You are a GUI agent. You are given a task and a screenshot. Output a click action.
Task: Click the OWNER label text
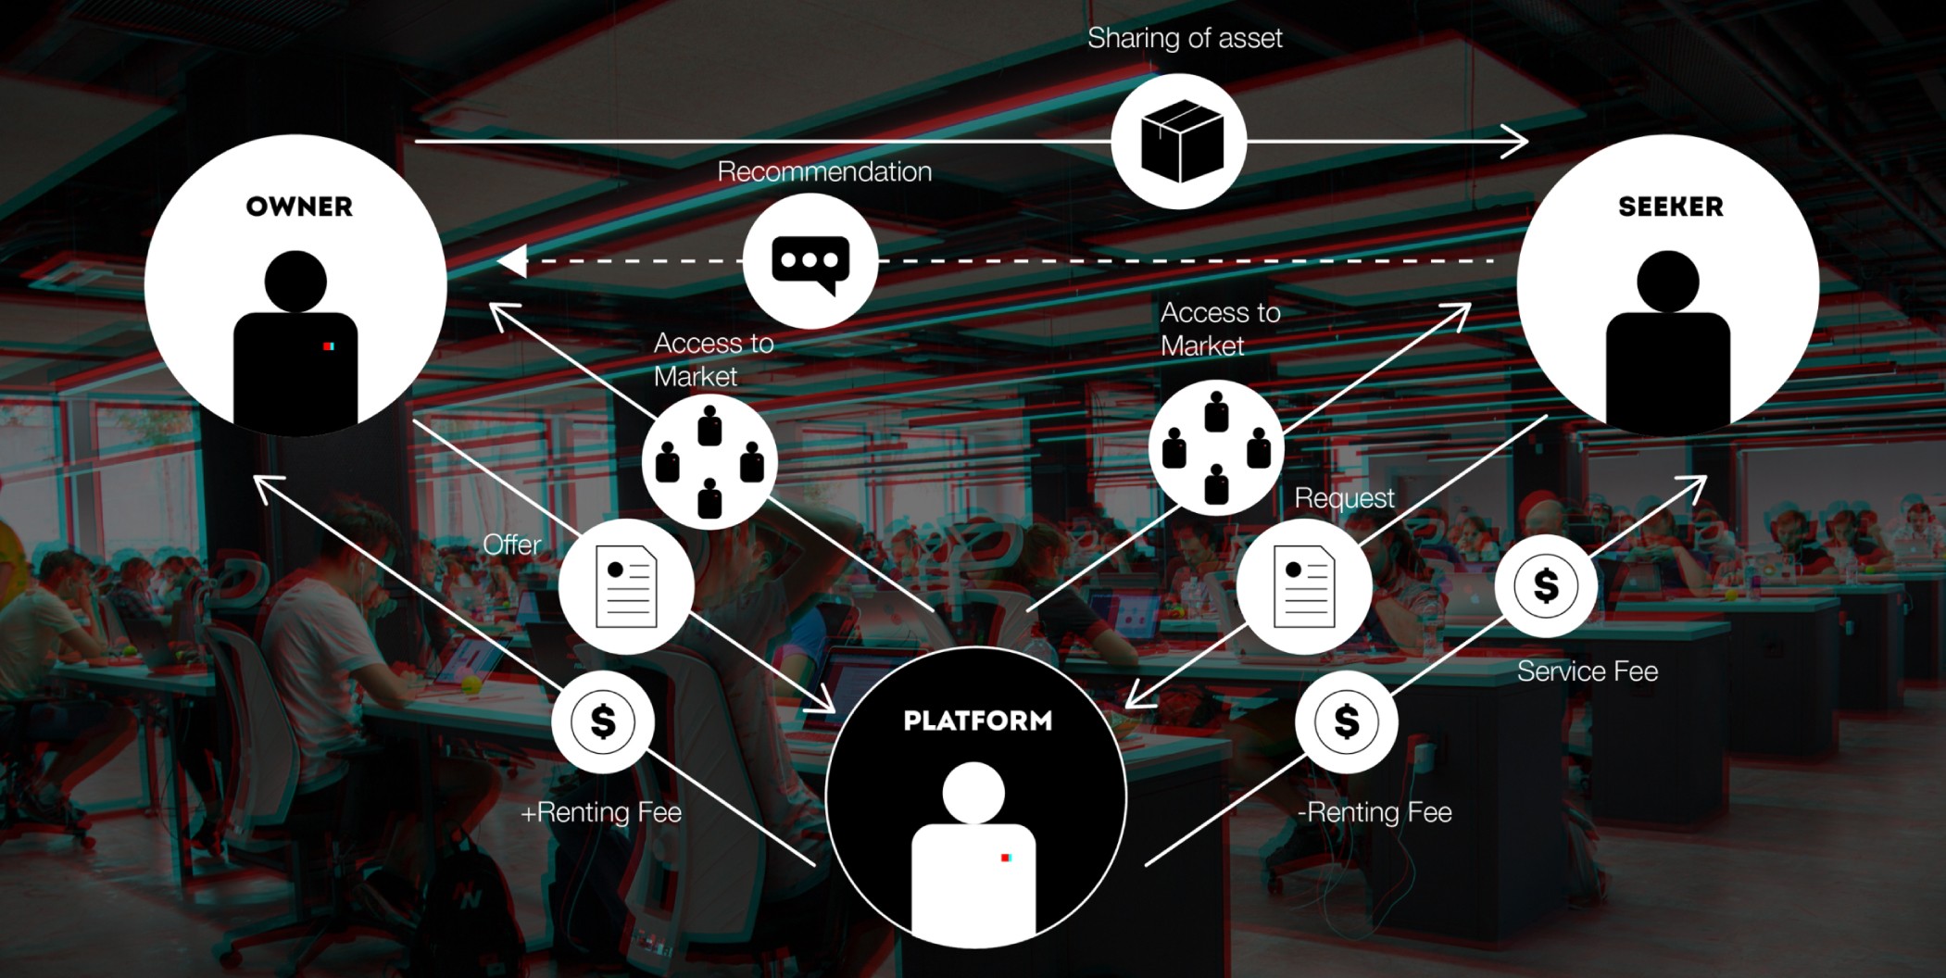(x=299, y=207)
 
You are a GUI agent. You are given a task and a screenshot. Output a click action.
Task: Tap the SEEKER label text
(x=1670, y=207)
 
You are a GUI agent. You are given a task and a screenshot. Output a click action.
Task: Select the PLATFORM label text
(x=977, y=721)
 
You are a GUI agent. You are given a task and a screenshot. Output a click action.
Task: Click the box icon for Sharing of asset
(x=1179, y=142)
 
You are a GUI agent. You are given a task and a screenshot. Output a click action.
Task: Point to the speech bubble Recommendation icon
(x=810, y=262)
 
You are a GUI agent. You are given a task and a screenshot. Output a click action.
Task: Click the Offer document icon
(x=626, y=587)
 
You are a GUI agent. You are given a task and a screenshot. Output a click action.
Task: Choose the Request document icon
(x=1303, y=586)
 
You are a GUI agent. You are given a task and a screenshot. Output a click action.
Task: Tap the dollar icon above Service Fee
(x=1546, y=585)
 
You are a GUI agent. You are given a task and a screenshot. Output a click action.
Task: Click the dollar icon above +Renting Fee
(x=603, y=721)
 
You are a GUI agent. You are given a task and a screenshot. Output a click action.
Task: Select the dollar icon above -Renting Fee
(x=1346, y=721)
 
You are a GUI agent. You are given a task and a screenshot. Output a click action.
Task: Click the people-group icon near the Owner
(x=709, y=461)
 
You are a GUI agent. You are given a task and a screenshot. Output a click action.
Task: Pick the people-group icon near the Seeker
(x=1216, y=448)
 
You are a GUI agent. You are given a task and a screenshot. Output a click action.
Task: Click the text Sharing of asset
(x=1185, y=38)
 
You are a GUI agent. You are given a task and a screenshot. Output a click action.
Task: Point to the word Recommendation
(x=824, y=171)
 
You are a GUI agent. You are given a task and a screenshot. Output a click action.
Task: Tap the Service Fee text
(x=1587, y=671)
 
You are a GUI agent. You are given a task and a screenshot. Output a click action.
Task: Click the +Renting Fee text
(x=601, y=812)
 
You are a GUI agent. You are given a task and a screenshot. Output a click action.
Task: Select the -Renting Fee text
(x=1375, y=812)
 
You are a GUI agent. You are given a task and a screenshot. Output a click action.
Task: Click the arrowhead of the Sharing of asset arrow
(x=1519, y=142)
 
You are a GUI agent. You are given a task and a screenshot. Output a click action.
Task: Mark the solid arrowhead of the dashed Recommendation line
(x=512, y=261)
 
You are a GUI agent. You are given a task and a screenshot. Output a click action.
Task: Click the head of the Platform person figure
(x=973, y=792)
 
